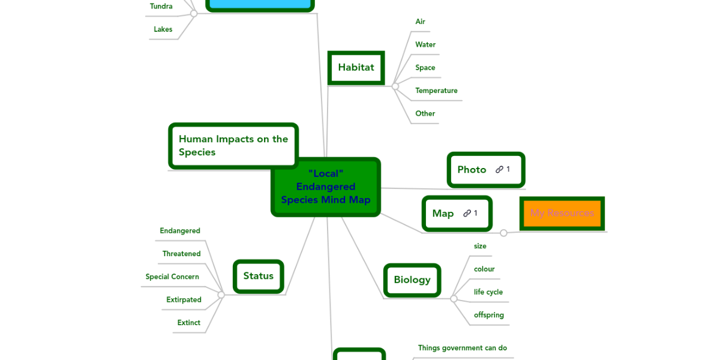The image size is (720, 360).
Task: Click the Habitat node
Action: coord(356,68)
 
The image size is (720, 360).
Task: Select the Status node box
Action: coord(258,276)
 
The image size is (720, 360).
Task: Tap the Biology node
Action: coord(412,280)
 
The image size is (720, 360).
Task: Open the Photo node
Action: coord(472,170)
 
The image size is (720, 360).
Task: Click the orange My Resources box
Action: coord(562,213)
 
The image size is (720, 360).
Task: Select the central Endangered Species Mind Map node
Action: coord(326,187)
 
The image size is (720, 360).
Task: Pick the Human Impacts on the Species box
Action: coord(233,146)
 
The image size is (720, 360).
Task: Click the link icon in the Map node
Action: coord(467,213)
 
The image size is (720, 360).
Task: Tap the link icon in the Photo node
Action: coord(499,170)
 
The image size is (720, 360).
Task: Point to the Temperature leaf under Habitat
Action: coord(436,91)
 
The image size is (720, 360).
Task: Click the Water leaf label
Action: coord(425,44)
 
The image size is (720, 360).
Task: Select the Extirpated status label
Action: coord(184,300)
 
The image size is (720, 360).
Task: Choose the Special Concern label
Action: coord(172,277)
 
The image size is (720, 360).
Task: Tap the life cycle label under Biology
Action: coord(488,292)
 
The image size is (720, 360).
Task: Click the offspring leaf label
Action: coord(489,315)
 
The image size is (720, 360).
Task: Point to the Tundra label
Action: coord(161,7)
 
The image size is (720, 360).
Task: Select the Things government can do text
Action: coord(463,348)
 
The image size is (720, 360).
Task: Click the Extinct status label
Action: coord(188,323)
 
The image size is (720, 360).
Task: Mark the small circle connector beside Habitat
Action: coord(395,86)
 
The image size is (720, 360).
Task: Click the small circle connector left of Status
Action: coord(221,295)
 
